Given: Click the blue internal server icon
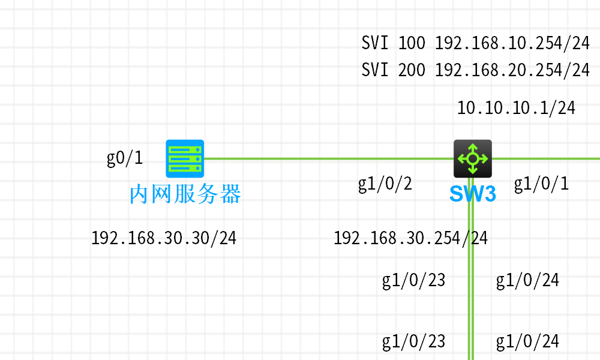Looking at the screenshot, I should [x=185, y=158].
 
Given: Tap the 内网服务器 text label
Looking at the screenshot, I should [x=185, y=194].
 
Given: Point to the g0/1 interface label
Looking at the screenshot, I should [x=125, y=158].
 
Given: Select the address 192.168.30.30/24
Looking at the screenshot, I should [x=164, y=238].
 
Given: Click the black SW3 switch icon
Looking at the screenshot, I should [x=473, y=158].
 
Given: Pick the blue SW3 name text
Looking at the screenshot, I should [x=473, y=194].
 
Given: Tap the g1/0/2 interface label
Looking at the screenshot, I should [x=385, y=184].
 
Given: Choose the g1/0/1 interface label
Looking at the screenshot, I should [x=541, y=184].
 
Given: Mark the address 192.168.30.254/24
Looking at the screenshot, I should [x=410, y=238].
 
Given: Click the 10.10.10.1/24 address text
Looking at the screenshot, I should [x=516, y=108].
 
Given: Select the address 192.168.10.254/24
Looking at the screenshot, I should [x=512, y=43].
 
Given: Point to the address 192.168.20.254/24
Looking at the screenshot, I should [x=512, y=70].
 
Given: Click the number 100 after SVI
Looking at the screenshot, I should [x=412, y=43].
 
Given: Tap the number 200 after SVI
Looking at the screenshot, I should [x=412, y=70].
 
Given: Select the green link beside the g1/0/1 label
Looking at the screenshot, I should [x=546, y=158].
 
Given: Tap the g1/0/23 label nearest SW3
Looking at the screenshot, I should [x=414, y=280].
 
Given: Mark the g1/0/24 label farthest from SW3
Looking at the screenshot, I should [x=527, y=341].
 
